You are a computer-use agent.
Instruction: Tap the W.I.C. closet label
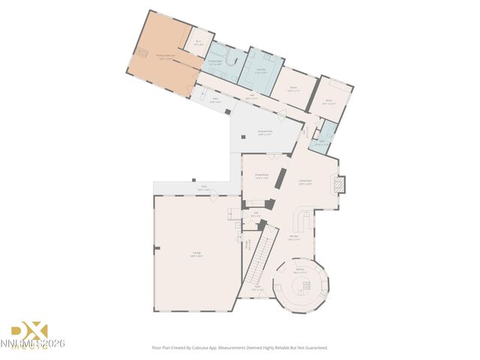(199, 43)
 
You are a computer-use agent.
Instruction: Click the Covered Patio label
(265, 131)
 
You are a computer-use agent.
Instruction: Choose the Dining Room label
(262, 176)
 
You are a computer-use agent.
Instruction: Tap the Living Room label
(305, 181)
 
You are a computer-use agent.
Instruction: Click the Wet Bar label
(295, 238)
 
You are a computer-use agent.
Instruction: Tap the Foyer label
(256, 288)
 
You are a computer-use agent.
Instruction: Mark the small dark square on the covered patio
(244, 137)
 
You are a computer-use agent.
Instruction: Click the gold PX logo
(28, 330)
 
